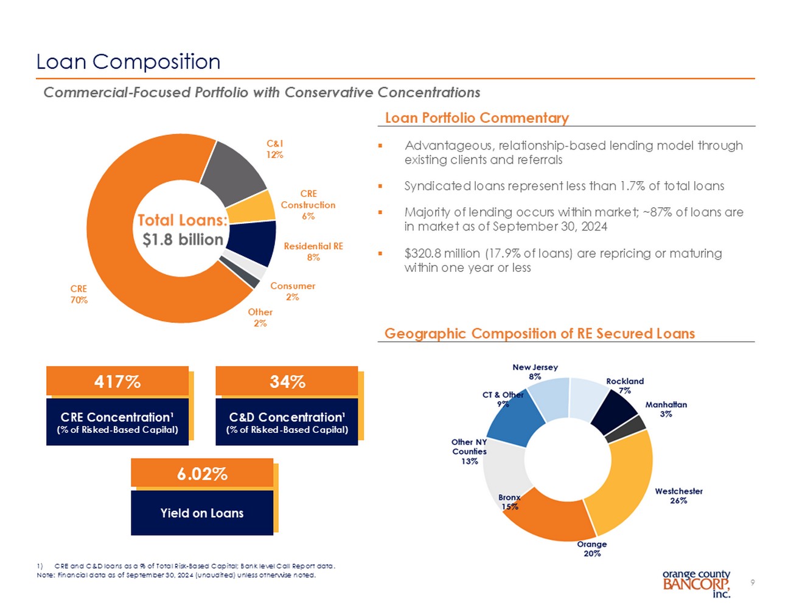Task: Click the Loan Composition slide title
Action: (x=128, y=62)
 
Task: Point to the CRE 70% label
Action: (x=79, y=294)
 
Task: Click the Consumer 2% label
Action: (x=293, y=291)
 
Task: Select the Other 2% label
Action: (x=260, y=317)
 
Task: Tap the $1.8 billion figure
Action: (x=183, y=240)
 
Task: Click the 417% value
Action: (x=117, y=382)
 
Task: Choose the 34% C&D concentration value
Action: (x=287, y=382)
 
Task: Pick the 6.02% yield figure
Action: (x=202, y=474)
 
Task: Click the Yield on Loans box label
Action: (x=202, y=513)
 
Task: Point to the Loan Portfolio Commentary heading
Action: (x=476, y=118)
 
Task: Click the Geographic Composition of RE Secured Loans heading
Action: (x=539, y=334)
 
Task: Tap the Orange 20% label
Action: (x=592, y=548)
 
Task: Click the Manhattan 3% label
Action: (x=666, y=409)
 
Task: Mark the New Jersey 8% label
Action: (x=535, y=371)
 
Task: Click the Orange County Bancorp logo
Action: (x=696, y=584)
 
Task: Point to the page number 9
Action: (x=753, y=582)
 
